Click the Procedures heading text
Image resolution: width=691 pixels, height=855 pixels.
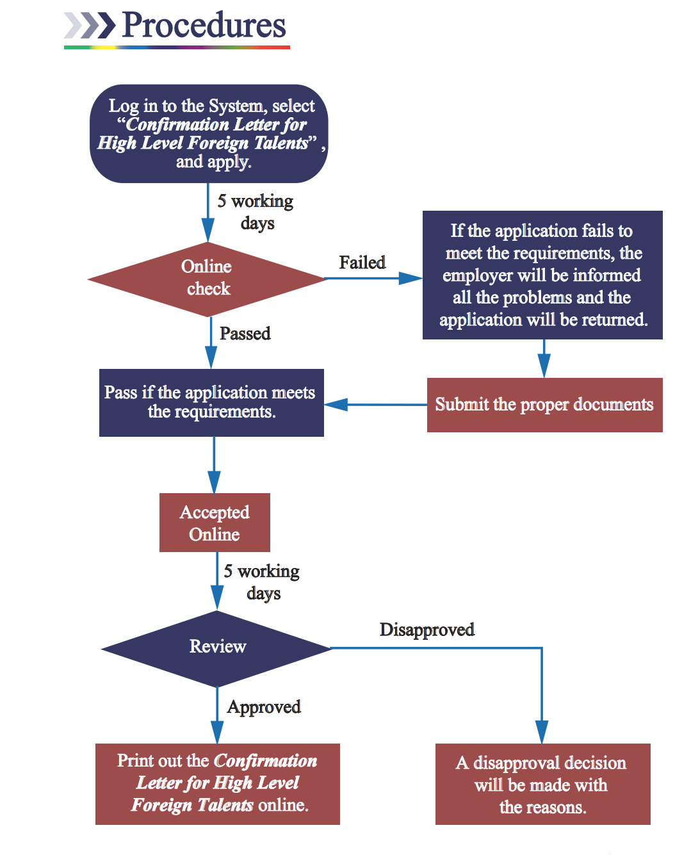pos(204,26)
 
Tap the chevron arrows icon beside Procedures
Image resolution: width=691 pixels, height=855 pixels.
pos(90,26)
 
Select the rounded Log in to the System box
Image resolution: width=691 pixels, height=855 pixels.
pos(209,133)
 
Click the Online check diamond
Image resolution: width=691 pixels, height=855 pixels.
pos(207,278)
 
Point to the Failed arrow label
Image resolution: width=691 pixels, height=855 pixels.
pos(362,263)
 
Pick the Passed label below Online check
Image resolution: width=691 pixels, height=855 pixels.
pos(245,334)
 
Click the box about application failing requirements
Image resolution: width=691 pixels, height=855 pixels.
pos(542,275)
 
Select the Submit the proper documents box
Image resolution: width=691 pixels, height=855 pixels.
pos(544,405)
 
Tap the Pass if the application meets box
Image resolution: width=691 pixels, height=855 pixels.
pos(211,402)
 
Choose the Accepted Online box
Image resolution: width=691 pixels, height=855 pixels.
pos(215,523)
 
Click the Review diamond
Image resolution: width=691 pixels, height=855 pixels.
pos(217,647)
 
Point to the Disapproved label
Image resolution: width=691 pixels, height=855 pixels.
pos(427,630)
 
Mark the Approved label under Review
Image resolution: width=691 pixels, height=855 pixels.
pos(264,707)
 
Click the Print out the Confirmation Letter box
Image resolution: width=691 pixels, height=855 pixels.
pos(218,783)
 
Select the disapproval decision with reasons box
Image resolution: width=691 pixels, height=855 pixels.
pos(542,785)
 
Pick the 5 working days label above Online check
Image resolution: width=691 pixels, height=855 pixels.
pos(256,212)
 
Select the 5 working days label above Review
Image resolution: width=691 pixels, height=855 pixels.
pos(262,582)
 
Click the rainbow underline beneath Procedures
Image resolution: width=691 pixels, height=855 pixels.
pos(177,47)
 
